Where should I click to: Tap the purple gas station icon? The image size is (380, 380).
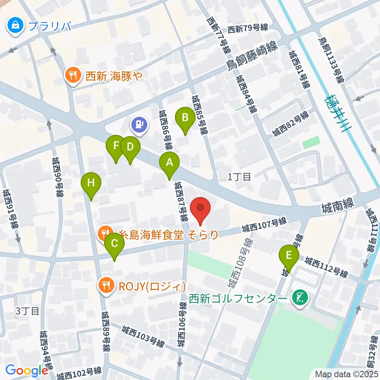pyautogui.click(x=139, y=125)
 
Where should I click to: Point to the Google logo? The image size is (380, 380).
pyautogui.click(x=27, y=370)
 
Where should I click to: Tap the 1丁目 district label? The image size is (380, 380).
pyautogui.click(x=239, y=177)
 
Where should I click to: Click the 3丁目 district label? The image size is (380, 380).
pyautogui.click(x=27, y=311)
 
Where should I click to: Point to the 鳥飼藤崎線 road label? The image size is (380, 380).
pyautogui.click(x=253, y=55)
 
